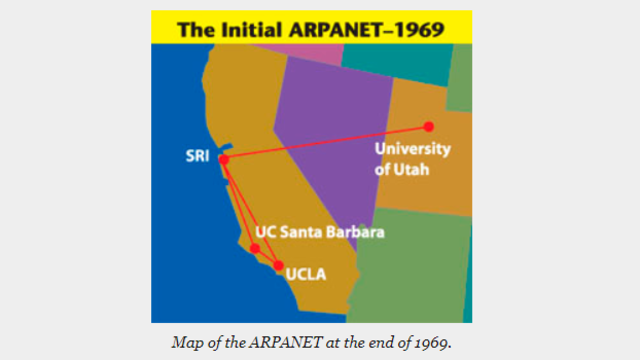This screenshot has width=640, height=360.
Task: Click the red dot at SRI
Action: [224, 159]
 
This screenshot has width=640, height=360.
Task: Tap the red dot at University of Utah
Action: [428, 126]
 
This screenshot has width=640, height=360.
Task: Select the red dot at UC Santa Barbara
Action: [255, 248]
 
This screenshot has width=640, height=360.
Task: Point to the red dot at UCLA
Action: [278, 265]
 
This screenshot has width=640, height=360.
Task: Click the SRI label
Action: [197, 157]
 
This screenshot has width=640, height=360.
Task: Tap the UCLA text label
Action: [307, 271]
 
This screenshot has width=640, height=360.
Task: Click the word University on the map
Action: [412, 150]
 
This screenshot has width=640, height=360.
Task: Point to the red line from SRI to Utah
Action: [330, 142]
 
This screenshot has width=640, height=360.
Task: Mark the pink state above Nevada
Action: [310, 50]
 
